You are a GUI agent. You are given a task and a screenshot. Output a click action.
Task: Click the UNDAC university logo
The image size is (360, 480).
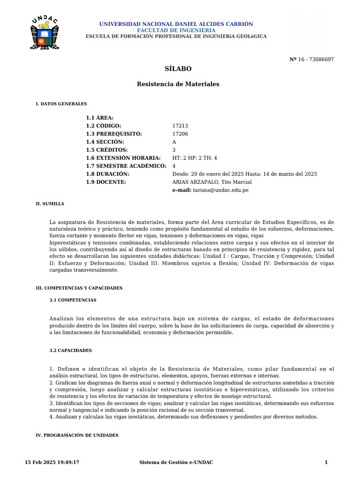[45, 33]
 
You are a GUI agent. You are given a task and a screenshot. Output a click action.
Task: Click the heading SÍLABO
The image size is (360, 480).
[178, 68]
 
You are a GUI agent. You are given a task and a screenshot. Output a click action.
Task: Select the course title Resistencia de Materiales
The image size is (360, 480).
[178, 84]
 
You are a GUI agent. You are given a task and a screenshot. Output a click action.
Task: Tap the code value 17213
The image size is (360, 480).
[180, 126]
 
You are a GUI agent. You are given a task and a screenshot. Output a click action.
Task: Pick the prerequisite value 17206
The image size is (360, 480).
[180, 134]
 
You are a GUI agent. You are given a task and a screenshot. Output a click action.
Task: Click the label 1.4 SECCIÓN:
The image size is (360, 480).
[105, 142]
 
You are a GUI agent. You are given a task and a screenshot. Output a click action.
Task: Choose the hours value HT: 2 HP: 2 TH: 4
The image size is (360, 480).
[195, 158]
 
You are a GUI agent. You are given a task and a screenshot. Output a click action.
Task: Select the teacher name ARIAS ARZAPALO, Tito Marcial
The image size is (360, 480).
[212, 182]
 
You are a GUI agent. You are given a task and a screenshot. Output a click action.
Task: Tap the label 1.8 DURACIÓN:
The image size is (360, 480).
[108, 174]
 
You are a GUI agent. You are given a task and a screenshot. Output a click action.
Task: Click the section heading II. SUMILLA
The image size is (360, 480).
[50, 204]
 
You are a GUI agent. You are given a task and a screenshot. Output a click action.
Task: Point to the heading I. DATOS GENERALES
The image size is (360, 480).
[61, 104]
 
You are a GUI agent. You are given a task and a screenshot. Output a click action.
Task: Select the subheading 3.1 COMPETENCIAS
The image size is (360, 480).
[73, 300]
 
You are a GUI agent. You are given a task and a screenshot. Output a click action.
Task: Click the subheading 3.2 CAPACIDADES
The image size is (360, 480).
[71, 351]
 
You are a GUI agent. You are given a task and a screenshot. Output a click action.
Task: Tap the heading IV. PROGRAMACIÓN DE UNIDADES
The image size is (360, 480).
[77, 435]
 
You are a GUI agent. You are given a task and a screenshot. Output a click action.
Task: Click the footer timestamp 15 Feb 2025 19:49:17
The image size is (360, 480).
[52, 463]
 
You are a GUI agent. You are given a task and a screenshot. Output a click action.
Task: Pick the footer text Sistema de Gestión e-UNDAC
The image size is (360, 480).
[176, 463]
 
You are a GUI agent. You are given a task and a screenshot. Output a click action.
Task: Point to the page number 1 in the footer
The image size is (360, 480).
[326, 463]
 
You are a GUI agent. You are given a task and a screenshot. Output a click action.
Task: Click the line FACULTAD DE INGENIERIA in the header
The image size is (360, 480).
[176, 30]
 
